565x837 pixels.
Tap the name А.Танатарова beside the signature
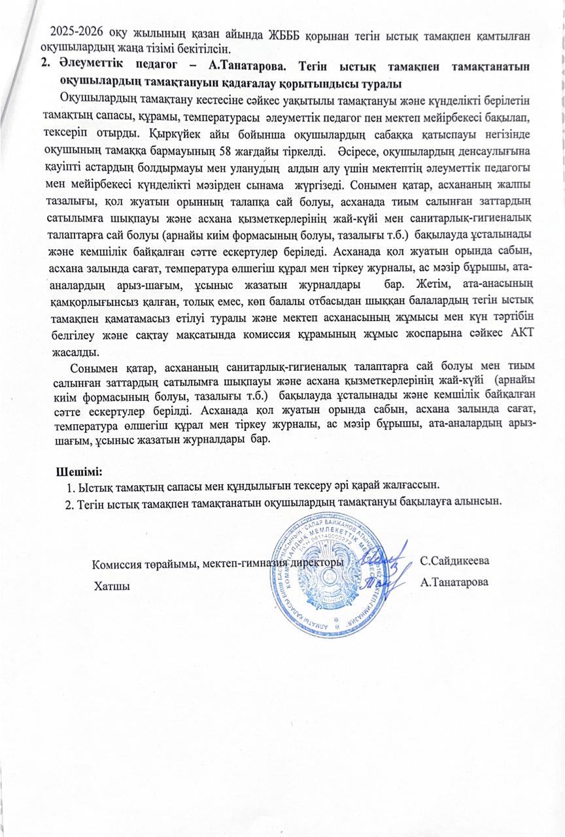point(456,581)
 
